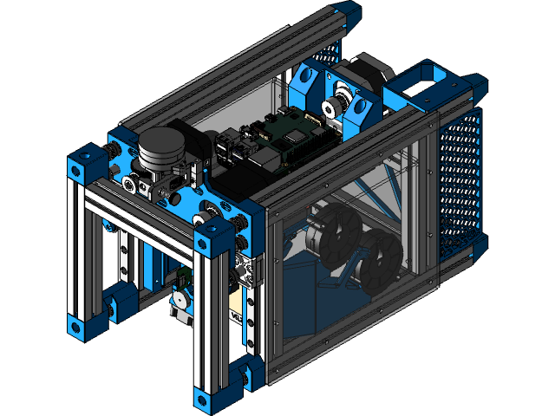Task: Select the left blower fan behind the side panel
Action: [x=335, y=231]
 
